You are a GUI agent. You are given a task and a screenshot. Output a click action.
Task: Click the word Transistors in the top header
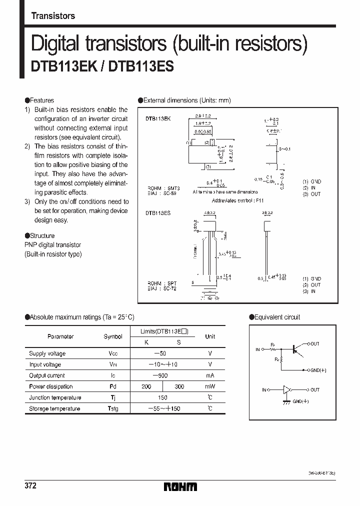[x=53, y=16]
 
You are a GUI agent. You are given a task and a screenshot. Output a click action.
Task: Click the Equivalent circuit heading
[x=277, y=317]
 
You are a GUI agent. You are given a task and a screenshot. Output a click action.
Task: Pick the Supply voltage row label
[x=47, y=353]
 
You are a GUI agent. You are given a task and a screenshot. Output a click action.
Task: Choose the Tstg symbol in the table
[x=112, y=408]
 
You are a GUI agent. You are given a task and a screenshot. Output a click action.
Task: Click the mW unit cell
[x=210, y=386]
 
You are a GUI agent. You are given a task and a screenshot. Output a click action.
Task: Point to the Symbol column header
[x=112, y=336]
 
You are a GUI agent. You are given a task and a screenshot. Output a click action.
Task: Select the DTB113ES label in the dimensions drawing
[x=158, y=212]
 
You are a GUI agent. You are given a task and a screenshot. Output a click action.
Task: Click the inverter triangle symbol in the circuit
[x=287, y=389]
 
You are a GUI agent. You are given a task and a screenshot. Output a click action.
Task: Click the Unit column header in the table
[x=210, y=336]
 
